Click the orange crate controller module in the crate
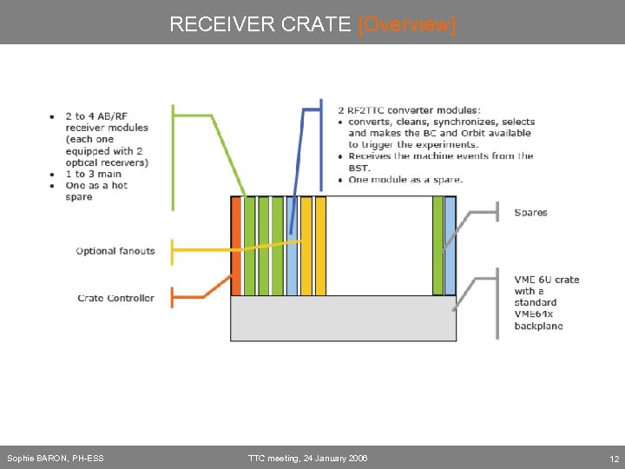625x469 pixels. [x=235, y=246]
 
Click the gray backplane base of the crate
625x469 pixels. [x=343, y=318]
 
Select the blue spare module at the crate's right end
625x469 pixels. [x=450, y=246]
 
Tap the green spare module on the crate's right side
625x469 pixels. [x=437, y=246]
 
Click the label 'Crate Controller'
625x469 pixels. [x=115, y=298]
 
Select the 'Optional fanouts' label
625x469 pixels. [x=115, y=251]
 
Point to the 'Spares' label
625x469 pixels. [x=530, y=213]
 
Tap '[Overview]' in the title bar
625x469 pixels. [x=406, y=24]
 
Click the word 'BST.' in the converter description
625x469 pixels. [x=359, y=168]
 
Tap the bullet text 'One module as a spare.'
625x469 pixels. [x=405, y=179]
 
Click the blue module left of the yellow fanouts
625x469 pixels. [x=292, y=246]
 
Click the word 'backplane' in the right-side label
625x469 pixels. [x=538, y=326]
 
